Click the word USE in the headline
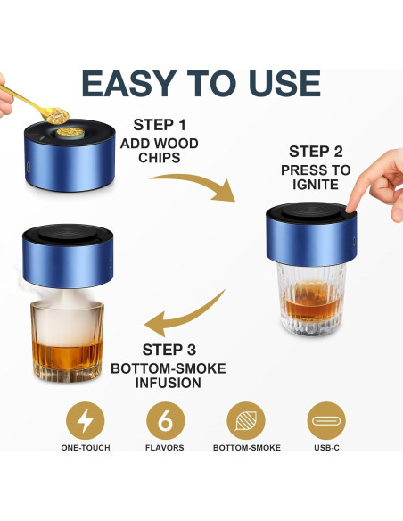click(279, 83)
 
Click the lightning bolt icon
click(86, 418)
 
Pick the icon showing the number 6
click(164, 418)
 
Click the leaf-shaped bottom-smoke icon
click(244, 418)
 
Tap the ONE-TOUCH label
click(86, 447)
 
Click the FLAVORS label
click(164, 447)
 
